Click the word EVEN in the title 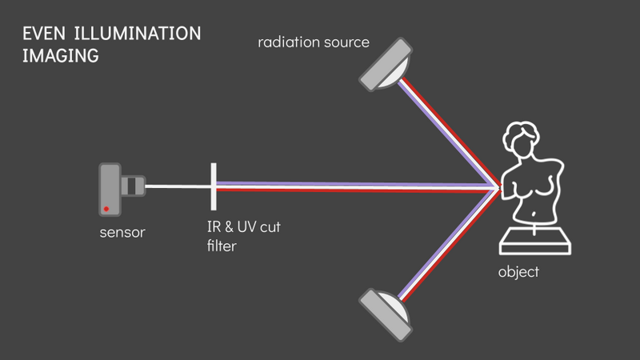pos(44,34)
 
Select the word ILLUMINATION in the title pos(138,34)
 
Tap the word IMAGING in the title pos(61,55)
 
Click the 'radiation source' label pos(314,42)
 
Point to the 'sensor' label pos(122,232)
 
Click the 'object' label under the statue pos(518,272)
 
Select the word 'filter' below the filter pos(222,246)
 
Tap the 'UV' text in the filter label pos(246,226)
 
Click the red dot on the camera pos(106,209)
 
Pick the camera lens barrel pos(133,186)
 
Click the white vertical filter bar pos(214,186)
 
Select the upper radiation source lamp pos(386,65)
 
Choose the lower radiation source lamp pos(386,314)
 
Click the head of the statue pos(522,140)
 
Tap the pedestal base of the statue pos(534,242)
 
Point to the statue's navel pos(534,214)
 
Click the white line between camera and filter pos(178,186)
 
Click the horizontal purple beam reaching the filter pos(355,185)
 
